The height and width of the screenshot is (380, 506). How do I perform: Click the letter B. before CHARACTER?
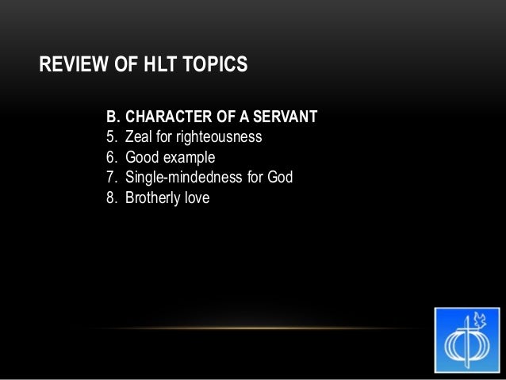(113, 117)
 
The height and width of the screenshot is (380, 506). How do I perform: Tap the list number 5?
(110, 137)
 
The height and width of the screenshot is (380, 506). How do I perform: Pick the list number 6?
(110, 157)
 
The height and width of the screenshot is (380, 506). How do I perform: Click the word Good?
(142, 157)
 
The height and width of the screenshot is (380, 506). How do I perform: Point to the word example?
(189, 158)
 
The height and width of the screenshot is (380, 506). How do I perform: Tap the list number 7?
(110, 177)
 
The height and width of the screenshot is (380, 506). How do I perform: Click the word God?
(279, 177)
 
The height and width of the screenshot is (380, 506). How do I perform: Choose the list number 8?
(110, 197)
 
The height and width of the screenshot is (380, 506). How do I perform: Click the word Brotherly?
(154, 198)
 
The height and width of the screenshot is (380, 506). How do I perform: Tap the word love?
(198, 197)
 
